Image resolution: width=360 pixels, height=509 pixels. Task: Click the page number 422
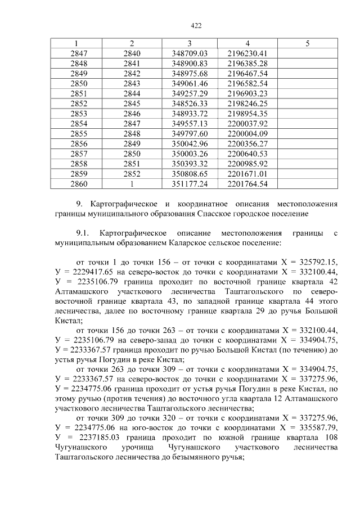[196, 26]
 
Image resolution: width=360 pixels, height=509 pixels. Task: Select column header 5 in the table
[307, 43]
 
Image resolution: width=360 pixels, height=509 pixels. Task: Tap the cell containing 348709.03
[190, 53]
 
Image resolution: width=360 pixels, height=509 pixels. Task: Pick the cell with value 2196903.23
[248, 93]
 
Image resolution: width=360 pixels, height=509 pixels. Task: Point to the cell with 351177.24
[190, 183]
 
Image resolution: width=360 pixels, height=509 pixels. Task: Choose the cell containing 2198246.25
[248, 103]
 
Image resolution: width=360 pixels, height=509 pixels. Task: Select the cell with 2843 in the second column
[131, 83]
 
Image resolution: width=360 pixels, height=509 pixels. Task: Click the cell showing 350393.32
[190, 163]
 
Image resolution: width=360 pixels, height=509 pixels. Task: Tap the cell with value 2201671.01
[248, 173]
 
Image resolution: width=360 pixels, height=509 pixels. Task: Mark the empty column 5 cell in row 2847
[307, 53]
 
